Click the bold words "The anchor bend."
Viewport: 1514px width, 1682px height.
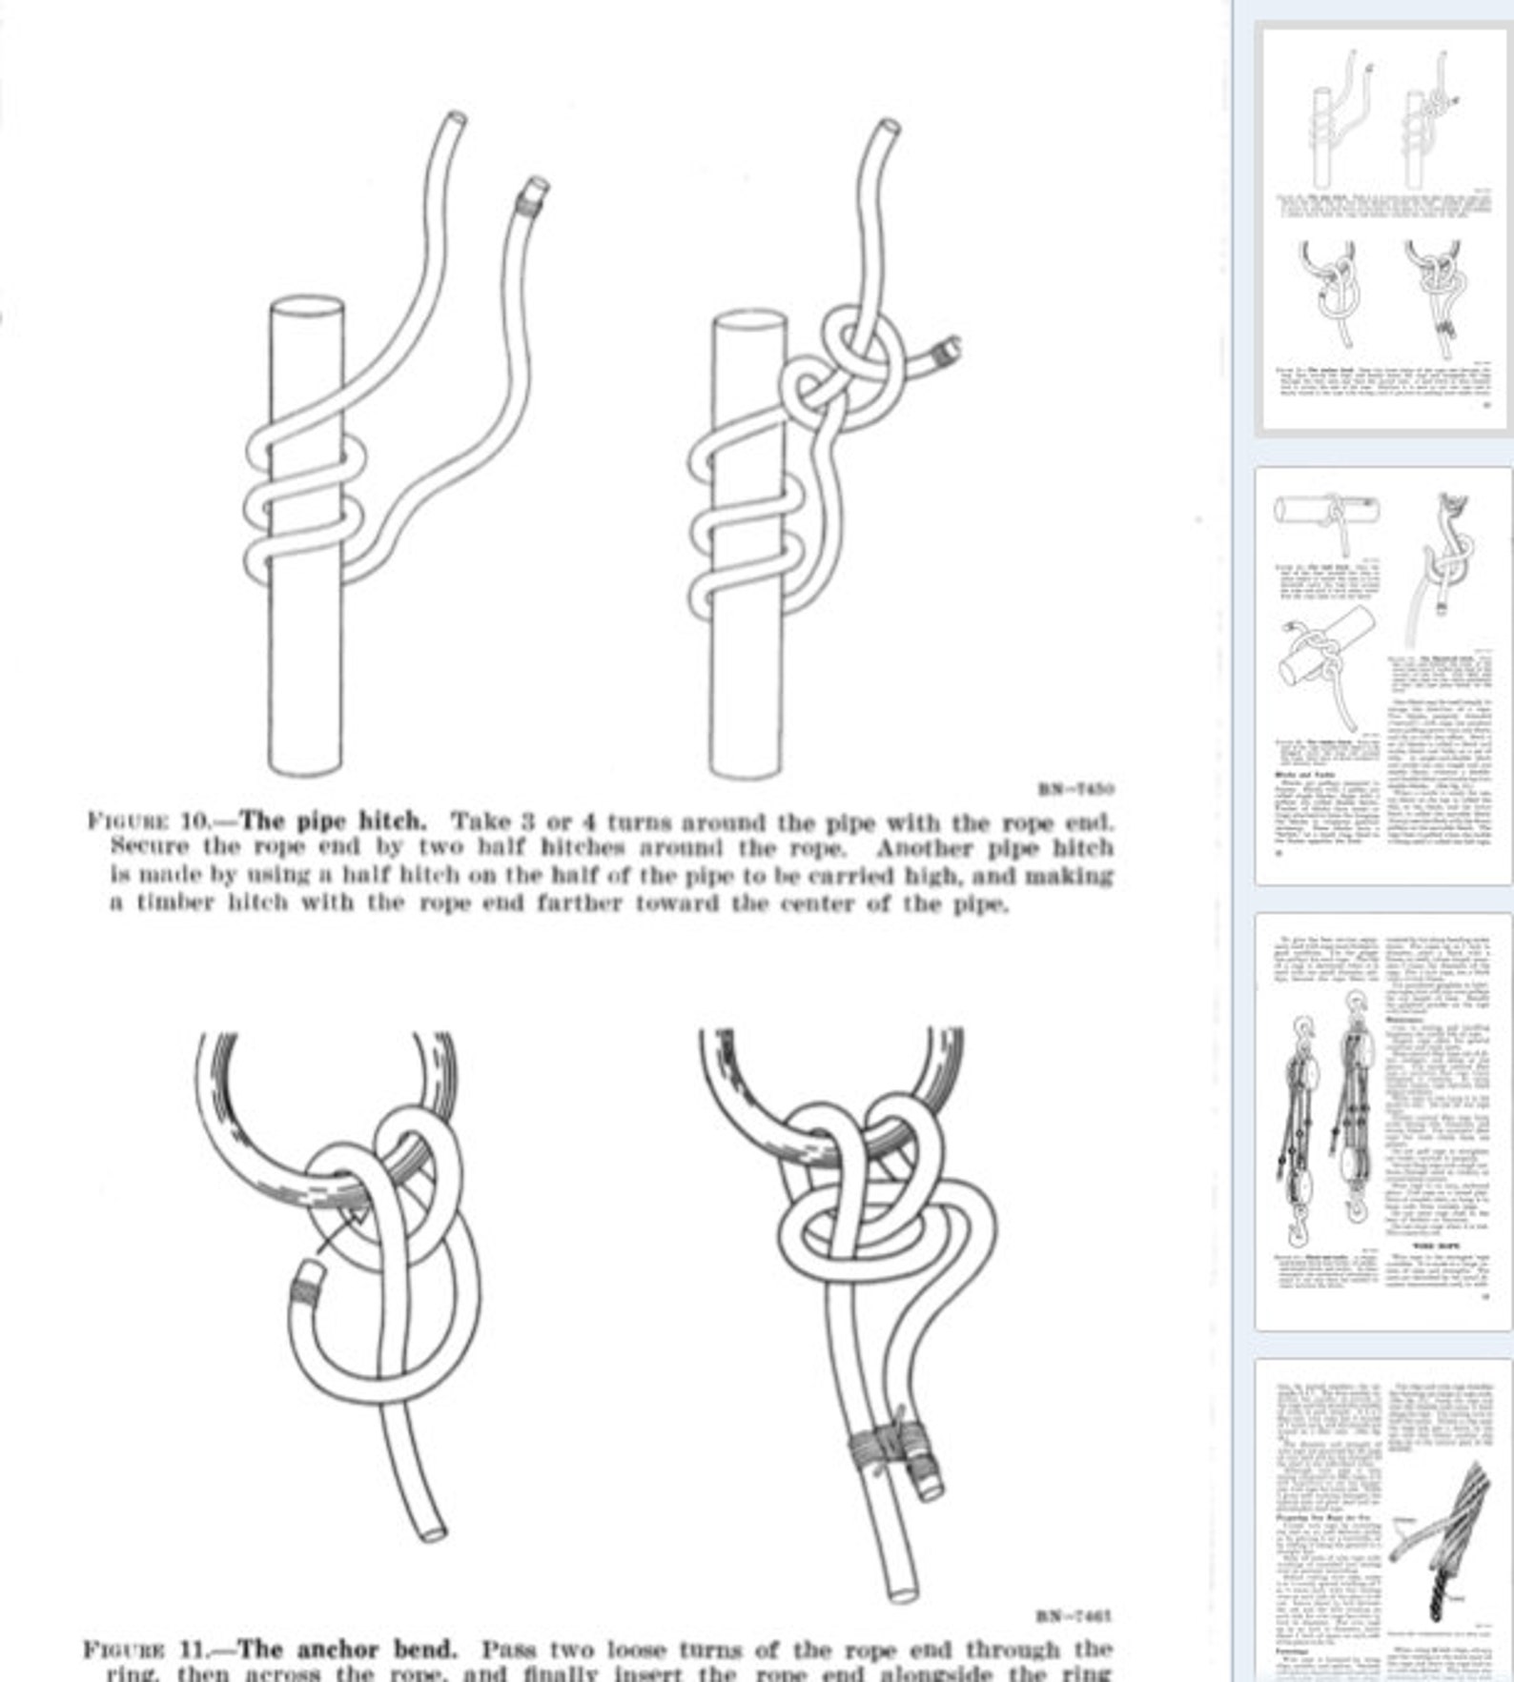pyautogui.click(x=348, y=1649)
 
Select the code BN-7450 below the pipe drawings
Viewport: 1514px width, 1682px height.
pyautogui.click(x=1075, y=789)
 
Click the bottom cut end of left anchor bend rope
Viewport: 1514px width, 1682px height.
pyautogui.click(x=435, y=1531)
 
